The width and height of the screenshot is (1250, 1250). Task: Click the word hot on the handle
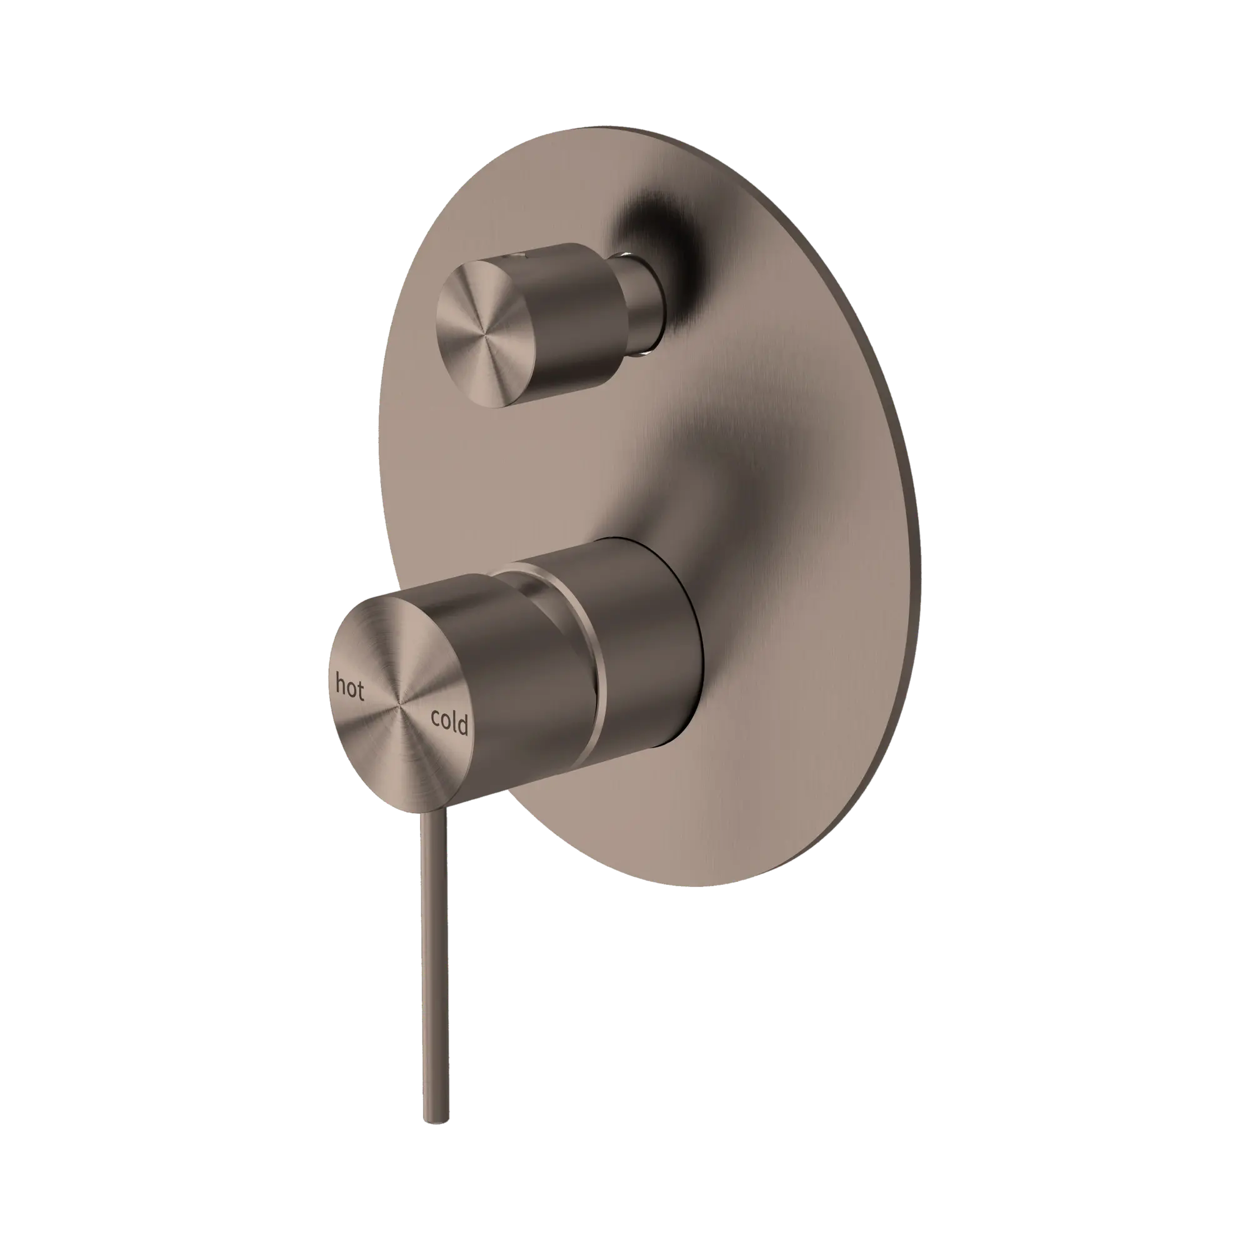(349, 687)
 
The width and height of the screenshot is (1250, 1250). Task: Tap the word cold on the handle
(449, 721)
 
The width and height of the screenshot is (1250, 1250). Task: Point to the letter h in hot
(341, 683)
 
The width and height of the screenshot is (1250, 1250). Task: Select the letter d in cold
(462, 724)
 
